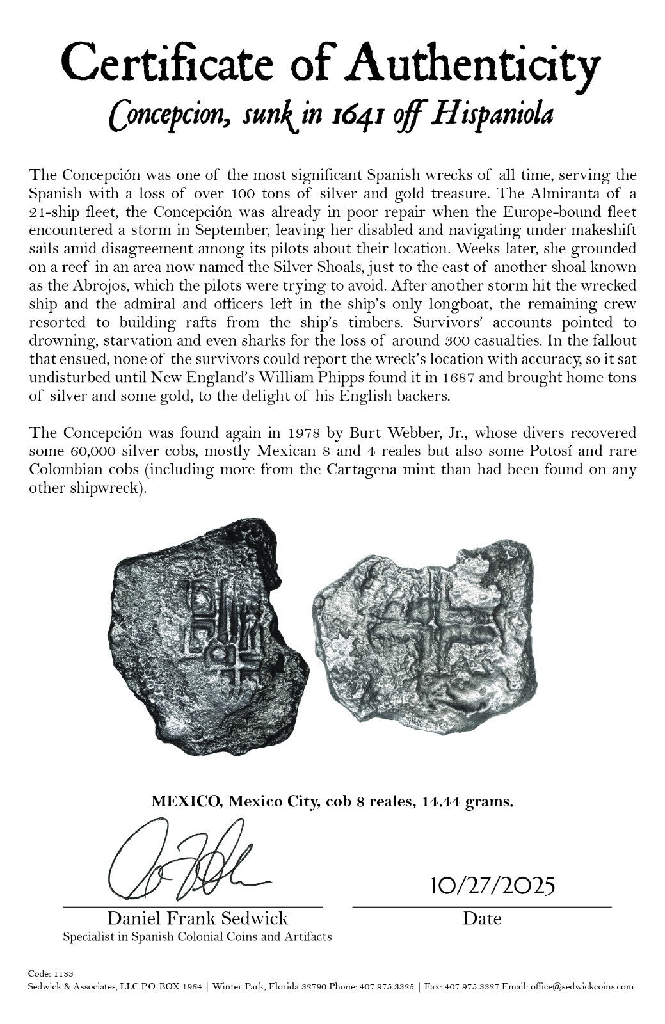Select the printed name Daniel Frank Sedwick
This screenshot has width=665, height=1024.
coord(197,919)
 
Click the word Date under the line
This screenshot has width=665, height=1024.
coord(482,919)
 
